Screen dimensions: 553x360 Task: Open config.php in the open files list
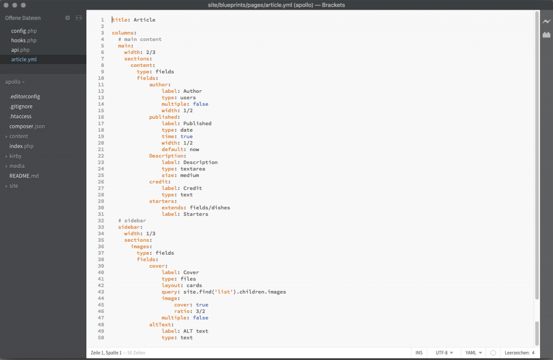pyautogui.click(x=24, y=31)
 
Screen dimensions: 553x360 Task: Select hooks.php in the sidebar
pyautogui.click(x=24, y=40)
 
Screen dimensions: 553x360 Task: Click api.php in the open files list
pyautogui.click(x=20, y=50)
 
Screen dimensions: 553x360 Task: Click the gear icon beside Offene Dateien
pyautogui.click(x=68, y=18)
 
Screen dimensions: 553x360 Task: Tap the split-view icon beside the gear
pyautogui.click(x=79, y=18)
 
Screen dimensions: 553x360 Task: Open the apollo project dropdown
pyautogui.click(x=15, y=82)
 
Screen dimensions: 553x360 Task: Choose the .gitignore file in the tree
pyautogui.click(x=21, y=106)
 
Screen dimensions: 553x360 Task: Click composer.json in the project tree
pyautogui.click(x=27, y=126)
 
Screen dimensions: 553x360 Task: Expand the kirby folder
pyautogui.click(x=14, y=156)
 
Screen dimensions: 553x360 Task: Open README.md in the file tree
pyautogui.click(x=24, y=176)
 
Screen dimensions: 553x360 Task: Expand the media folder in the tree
pyautogui.click(x=15, y=166)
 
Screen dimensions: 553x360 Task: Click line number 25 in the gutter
pyautogui.click(x=101, y=175)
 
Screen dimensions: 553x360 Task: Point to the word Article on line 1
pyautogui.click(x=144, y=20)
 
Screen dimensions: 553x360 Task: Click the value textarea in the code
pyautogui.click(x=193, y=169)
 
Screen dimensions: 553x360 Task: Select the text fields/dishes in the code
pyautogui.click(x=210, y=208)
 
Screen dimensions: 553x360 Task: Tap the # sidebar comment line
pyautogui.click(x=132, y=221)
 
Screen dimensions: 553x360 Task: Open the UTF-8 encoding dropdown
pyautogui.click(x=444, y=352)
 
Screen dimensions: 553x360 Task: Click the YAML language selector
pyautogui.click(x=474, y=352)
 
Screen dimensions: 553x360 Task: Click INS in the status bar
pyautogui.click(x=419, y=352)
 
